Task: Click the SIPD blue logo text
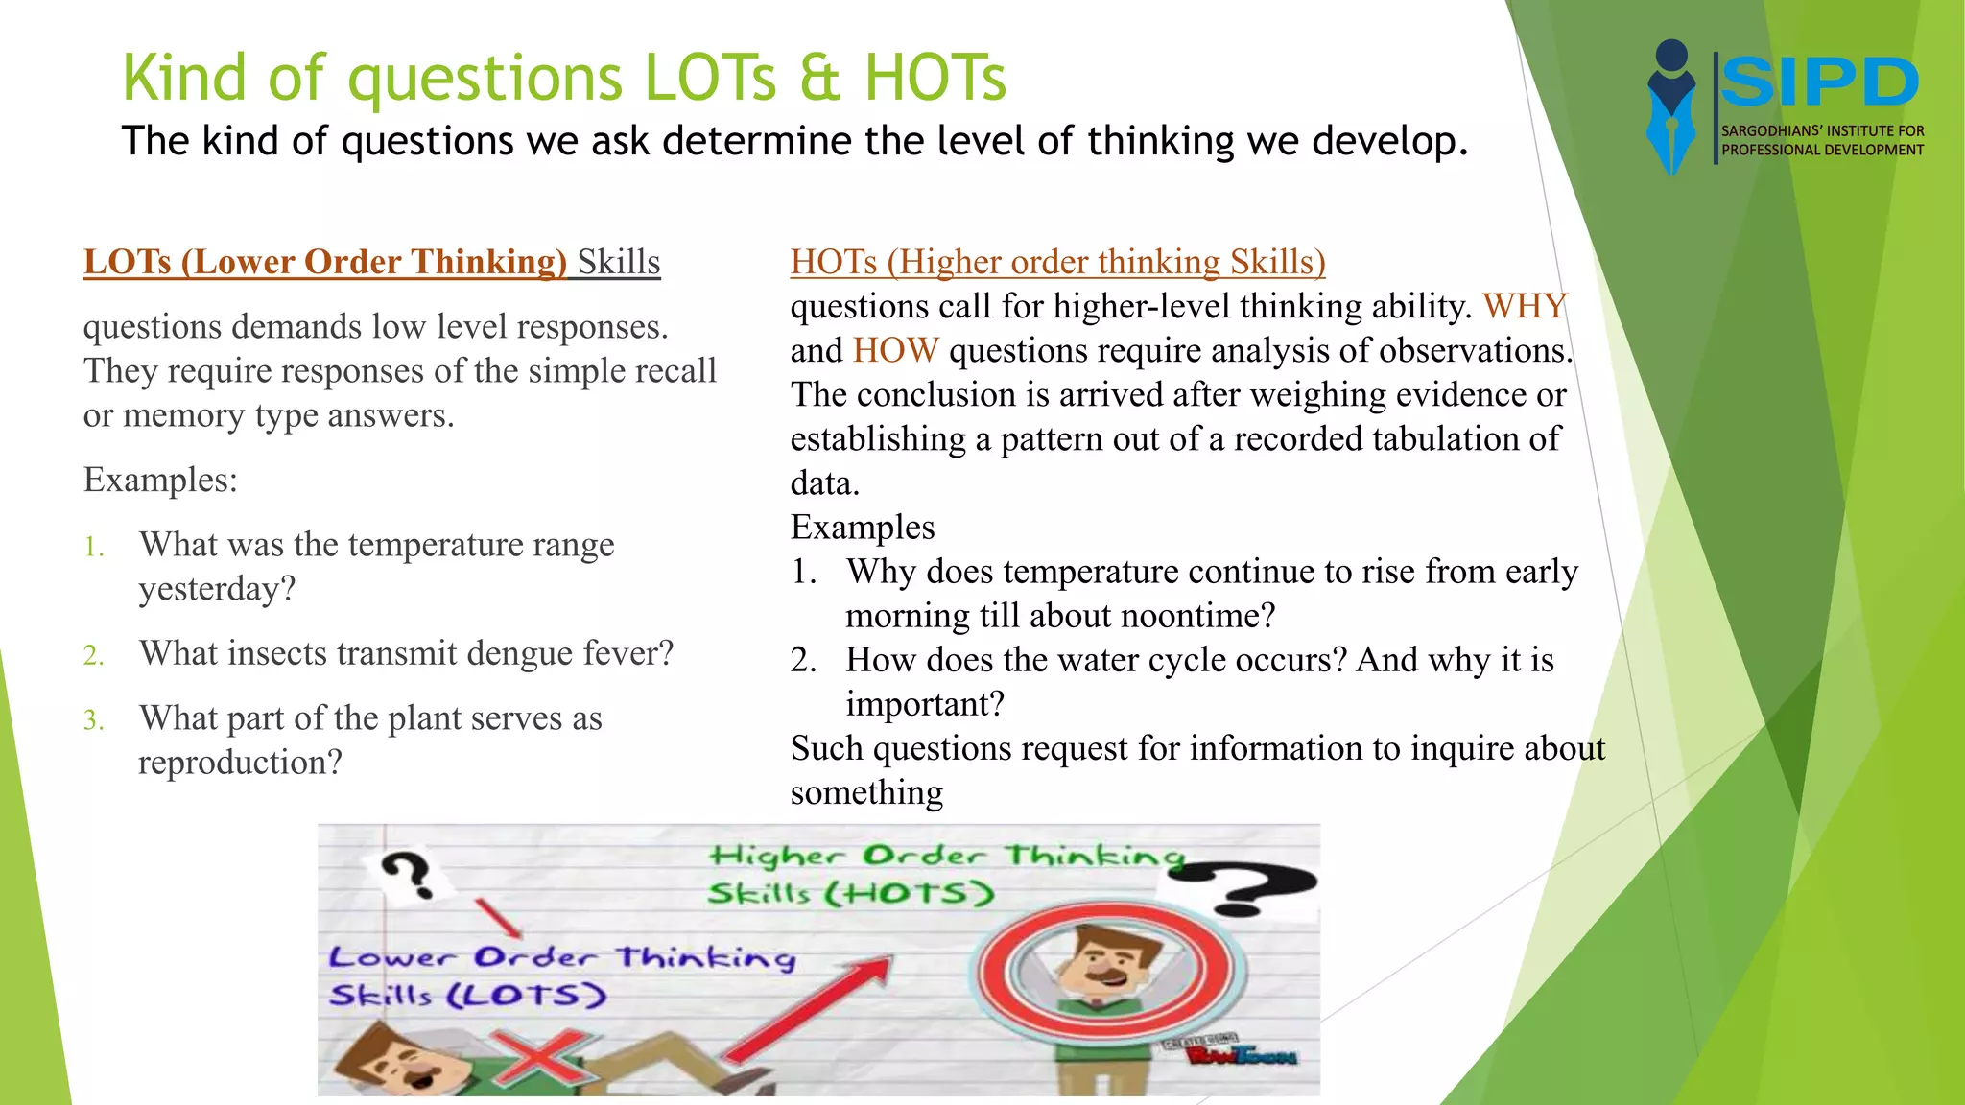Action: [1819, 82]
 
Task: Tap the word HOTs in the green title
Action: [935, 78]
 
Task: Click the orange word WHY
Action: [1525, 307]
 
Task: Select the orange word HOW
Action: [895, 351]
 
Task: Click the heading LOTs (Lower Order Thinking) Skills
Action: [371, 263]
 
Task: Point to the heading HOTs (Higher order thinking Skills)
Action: [1057, 263]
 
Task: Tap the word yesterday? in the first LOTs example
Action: [217, 589]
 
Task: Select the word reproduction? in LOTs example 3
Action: [240, 764]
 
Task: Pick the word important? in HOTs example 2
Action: [925, 705]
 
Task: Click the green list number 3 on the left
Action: [93, 720]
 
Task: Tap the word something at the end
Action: [866, 793]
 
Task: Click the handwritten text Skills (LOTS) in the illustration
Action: [467, 995]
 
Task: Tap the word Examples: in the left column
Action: [160, 480]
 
